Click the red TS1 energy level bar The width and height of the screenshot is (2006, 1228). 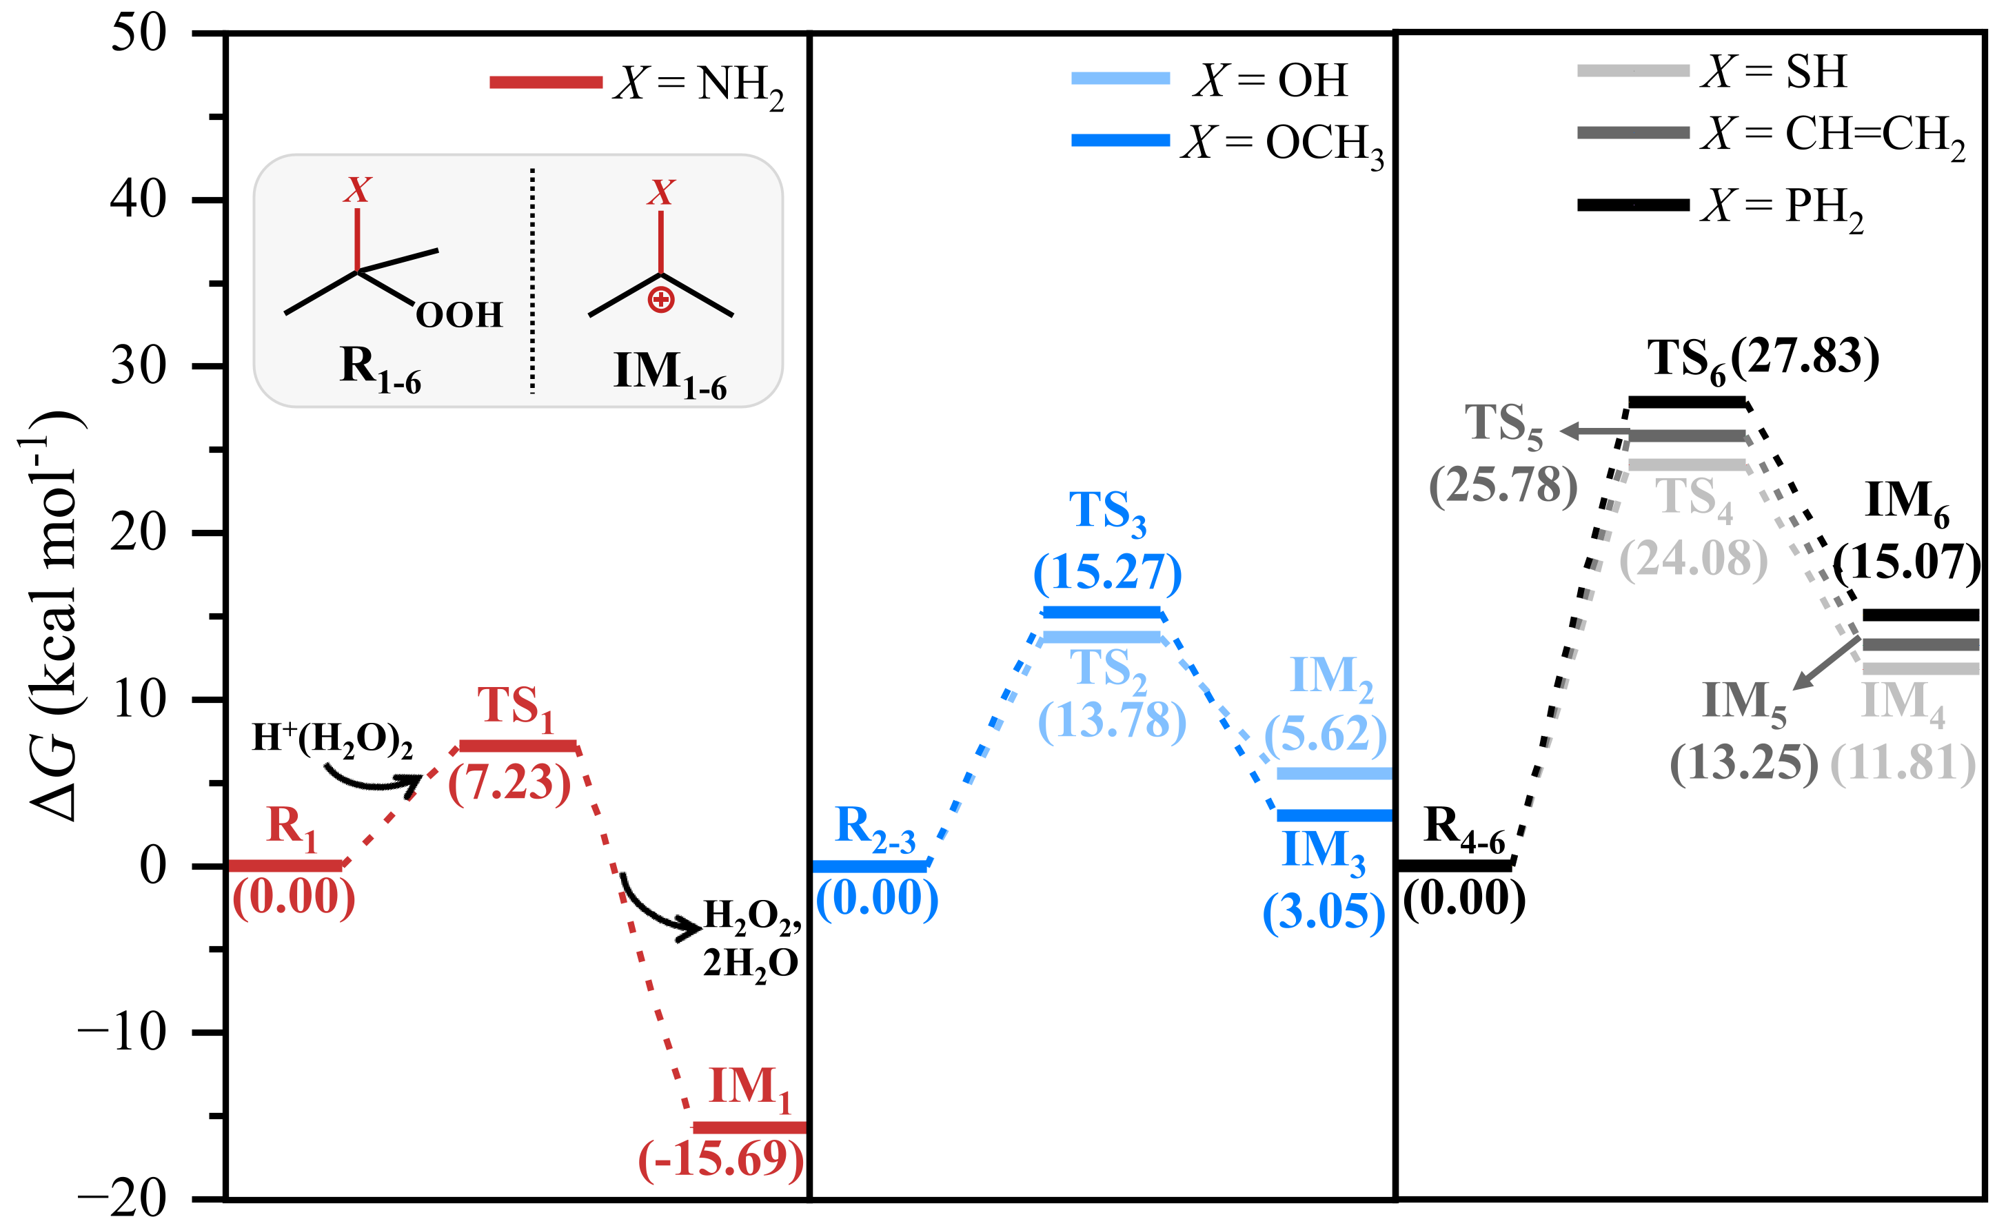coord(518,746)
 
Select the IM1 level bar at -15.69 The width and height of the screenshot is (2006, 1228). coord(749,1127)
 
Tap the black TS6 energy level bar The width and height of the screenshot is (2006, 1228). coord(1687,402)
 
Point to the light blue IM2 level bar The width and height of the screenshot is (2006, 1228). coord(1333,773)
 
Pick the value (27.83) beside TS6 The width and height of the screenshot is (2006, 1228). coord(1805,356)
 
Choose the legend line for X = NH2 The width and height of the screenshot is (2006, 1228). coord(545,82)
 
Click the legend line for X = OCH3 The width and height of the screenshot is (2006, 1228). coord(1120,140)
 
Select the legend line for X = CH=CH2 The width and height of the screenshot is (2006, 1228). coord(1633,132)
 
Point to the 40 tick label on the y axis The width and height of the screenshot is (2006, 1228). coord(139,199)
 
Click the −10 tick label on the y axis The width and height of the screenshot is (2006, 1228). coord(122,1032)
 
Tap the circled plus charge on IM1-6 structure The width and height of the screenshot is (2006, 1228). coord(660,300)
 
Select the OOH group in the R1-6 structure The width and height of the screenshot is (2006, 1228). coord(459,315)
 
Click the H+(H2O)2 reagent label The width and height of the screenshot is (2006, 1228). coord(332,739)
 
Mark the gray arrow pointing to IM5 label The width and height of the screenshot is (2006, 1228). coord(1826,663)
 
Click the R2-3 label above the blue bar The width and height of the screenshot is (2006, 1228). coord(875,828)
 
